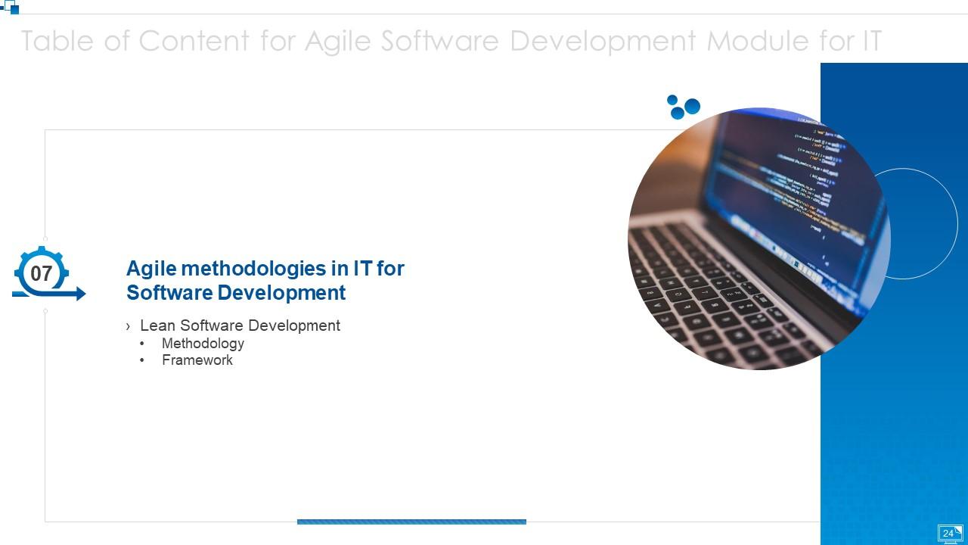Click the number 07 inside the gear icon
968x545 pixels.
pos(41,273)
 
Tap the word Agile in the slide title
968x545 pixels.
pos(338,41)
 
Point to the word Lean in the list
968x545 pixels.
pos(157,325)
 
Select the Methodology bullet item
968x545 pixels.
pos(203,344)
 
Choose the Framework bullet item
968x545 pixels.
pos(197,360)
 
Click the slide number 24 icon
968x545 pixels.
pos(949,534)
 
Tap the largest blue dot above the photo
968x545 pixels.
pos(692,106)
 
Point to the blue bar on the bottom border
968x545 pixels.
pos(411,522)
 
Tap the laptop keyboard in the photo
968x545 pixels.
pos(718,303)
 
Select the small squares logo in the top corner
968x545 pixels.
pos(11,7)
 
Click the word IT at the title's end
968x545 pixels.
pos(871,41)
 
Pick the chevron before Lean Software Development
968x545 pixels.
pos(129,326)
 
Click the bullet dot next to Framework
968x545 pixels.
pos(142,360)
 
